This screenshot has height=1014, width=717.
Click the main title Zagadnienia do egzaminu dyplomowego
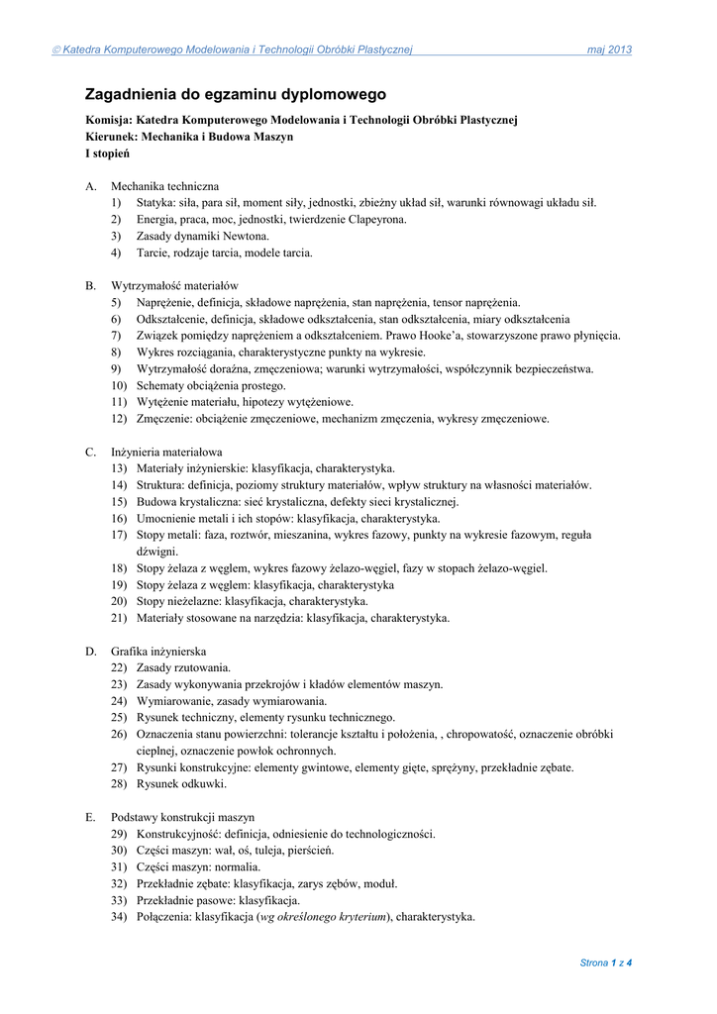point(236,95)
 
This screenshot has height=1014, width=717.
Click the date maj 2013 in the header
point(609,50)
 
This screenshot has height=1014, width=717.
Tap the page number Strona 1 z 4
point(605,963)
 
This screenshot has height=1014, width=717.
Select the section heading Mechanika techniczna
point(164,186)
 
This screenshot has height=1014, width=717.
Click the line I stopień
point(107,153)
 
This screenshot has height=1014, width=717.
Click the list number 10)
point(119,385)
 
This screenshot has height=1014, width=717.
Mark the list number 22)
point(119,667)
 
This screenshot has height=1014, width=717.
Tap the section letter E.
point(90,817)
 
